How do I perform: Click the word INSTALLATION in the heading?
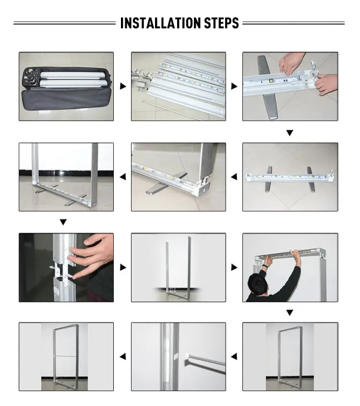161,23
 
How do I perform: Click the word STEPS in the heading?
222,23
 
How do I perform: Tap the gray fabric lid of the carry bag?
66,99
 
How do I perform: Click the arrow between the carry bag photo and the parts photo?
123,86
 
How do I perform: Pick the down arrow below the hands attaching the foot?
289,133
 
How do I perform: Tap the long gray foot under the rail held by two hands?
266,88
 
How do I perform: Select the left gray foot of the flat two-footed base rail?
268,179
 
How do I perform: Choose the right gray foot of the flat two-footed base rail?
311,179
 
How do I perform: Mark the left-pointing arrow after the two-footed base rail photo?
234,177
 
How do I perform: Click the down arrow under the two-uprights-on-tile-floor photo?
63,222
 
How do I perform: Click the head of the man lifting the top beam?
258,285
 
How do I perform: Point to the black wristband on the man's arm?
264,267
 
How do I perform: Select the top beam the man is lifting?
289,255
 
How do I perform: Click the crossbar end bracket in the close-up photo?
188,358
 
